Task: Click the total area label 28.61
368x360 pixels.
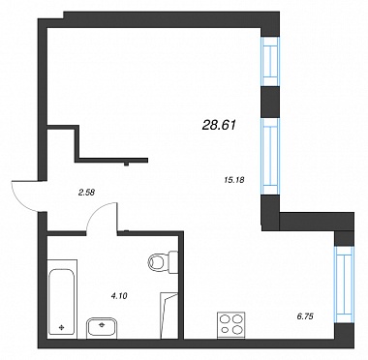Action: tap(219, 125)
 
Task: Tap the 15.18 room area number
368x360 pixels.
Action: tap(233, 179)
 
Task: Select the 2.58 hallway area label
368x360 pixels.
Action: tap(86, 193)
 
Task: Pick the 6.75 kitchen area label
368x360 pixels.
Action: tap(305, 316)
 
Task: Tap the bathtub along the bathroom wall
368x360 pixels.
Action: tap(62, 302)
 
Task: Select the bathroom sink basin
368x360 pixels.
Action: tap(102, 328)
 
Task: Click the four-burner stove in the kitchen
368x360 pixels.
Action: tap(231, 325)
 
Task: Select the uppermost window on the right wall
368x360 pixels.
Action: tap(269, 62)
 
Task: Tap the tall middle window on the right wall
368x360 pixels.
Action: tap(269, 157)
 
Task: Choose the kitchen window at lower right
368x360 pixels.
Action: tap(344, 285)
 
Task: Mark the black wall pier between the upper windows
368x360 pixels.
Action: tap(269, 103)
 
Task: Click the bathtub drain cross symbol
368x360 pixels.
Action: tap(61, 328)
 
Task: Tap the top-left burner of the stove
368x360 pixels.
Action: tap(225, 319)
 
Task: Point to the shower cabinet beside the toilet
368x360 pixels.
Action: tap(169, 315)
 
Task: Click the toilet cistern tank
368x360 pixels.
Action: tap(173, 261)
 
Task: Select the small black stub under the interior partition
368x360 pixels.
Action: tap(127, 164)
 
